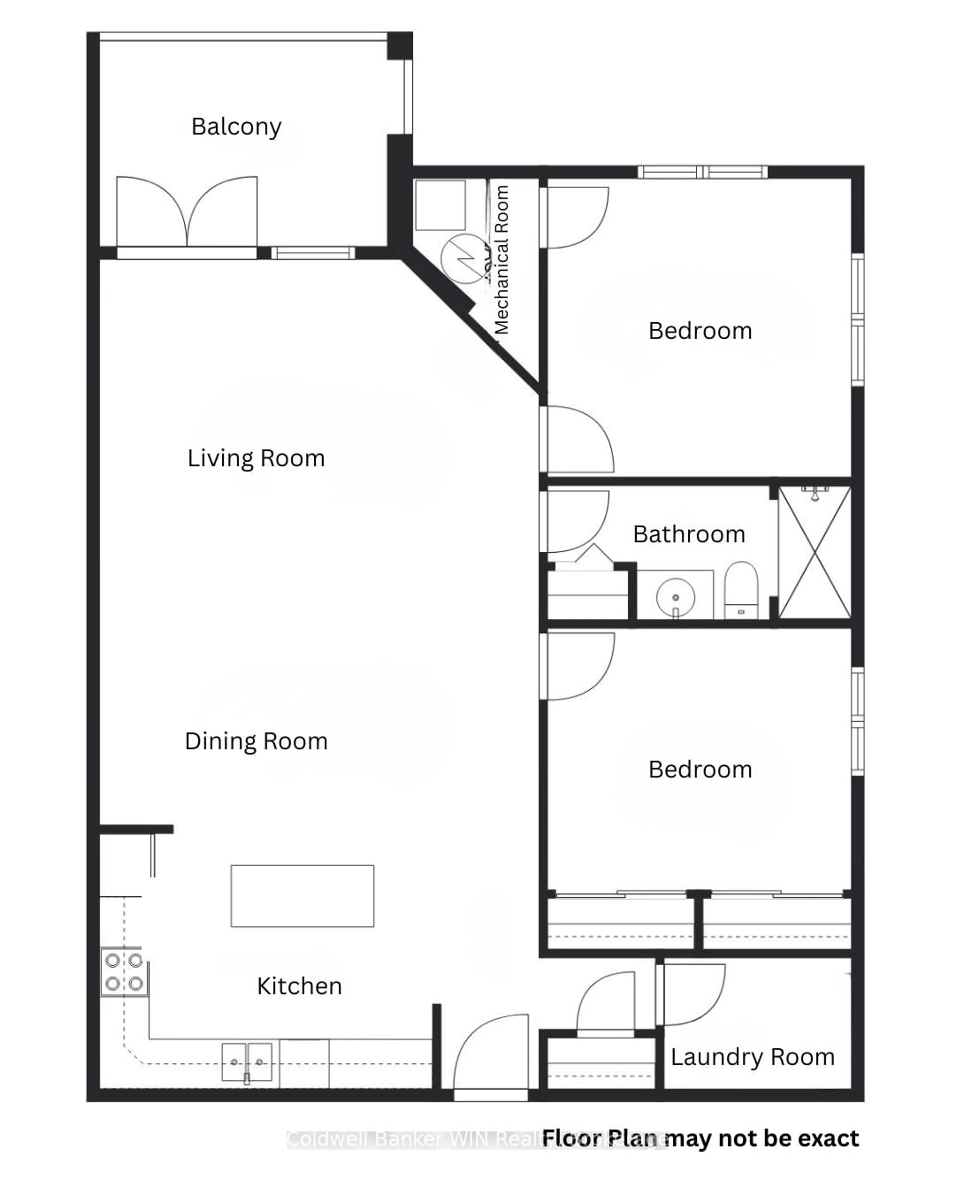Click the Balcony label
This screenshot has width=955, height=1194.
coord(237,127)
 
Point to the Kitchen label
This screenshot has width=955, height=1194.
coord(299,986)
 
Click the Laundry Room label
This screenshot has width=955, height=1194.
coord(752,1057)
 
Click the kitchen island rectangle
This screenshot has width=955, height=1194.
coord(302,896)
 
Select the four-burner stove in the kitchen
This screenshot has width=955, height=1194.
coord(124,972)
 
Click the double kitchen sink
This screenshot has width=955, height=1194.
coord(247,1062)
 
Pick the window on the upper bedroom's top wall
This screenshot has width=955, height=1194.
coord(702,172)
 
